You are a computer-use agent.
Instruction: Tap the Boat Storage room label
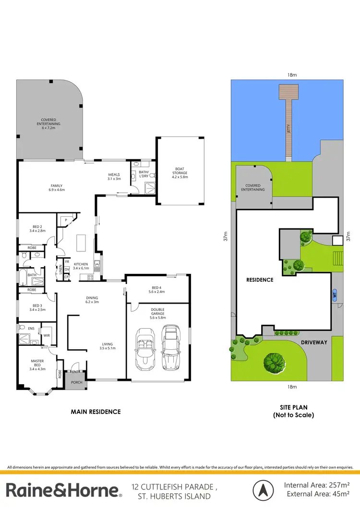pyautogui.click(x=180, y=172)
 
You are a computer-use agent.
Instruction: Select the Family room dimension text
pyautogui.click(x=57, y=190)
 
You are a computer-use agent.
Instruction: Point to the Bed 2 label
pyautogui.click(x=37, y=228)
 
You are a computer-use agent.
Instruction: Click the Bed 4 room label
pyautogui.click(x=157, y=289)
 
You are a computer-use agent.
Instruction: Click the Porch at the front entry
pyautogui.click(x=76, y=382)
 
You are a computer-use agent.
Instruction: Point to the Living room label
pyautogui.click(x=107, y=345)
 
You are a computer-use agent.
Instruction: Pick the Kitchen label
pyautogui.click(x=80, y=266)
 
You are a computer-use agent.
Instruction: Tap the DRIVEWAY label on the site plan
pyautogui.click(x=314, y=343)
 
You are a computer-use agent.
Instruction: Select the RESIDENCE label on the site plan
pyautogui.click(x=260, y=280)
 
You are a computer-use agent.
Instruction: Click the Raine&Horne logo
pyautogui.click(x=63, y=490)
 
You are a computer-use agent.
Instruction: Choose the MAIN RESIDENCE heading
pyautogui.click(x=96, y=412)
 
